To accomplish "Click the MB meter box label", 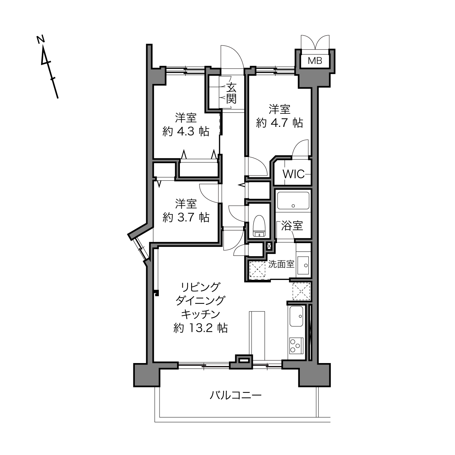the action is (315, 61).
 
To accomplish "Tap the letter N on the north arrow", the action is (41, 40).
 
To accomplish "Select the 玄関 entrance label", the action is (231, 94).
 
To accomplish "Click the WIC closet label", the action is (294, 174).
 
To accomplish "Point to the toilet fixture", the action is (259, 226).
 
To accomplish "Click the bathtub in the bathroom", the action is (293, 201).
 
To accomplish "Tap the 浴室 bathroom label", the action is (292, 226).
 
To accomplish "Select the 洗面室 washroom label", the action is (281, 264).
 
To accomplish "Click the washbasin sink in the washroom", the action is (303, 265).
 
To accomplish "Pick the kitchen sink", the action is (297, 317).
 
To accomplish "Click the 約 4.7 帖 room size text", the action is (279, 123).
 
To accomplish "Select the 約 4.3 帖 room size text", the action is (186, 132).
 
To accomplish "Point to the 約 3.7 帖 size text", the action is (186, 217).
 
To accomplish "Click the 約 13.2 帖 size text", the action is (201, 328).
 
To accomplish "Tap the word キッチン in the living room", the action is (201, 314).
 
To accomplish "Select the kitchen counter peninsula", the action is (257, 336).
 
